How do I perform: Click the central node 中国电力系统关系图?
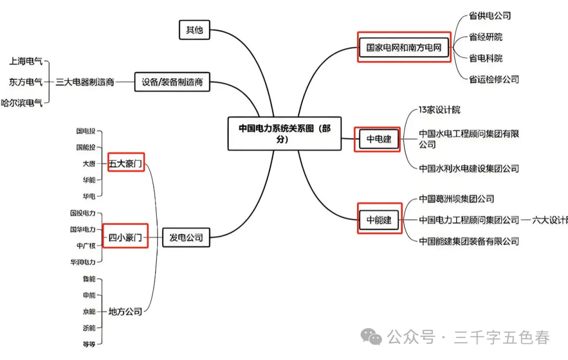(284, 134)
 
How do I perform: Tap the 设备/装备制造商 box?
(172, 82)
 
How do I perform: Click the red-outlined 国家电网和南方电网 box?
(404, 47)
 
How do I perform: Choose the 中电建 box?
(377, 140)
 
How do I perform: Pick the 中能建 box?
(379, 220)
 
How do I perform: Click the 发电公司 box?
(185, 238)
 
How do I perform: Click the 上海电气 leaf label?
(26, 61)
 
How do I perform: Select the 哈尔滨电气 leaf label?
(22, 103)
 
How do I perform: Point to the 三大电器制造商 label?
(85, 82)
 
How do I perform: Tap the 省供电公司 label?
(490, 16)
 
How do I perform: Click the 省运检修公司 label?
(494, 79)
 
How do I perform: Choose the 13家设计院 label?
(440, 110)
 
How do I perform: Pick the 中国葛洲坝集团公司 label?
(457, 199)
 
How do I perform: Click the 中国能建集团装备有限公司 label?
(469, 241)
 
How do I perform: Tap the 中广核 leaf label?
(86, 245)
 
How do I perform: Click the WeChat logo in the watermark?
(374, 337)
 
